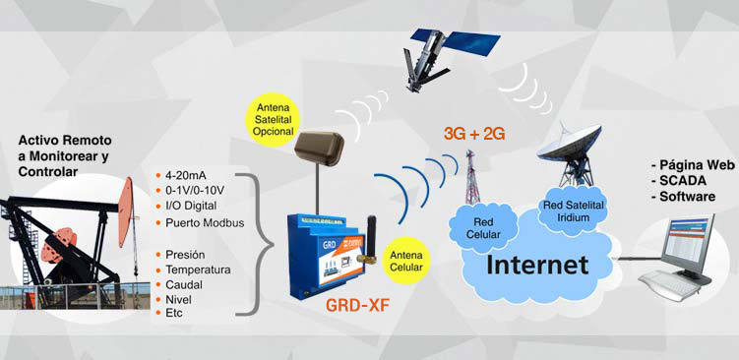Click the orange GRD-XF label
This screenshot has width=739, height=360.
(357, 304)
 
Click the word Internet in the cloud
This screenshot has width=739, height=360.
(539, 265)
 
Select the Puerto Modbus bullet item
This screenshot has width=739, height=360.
(205, 222)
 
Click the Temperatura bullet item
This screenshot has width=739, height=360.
(199, 269)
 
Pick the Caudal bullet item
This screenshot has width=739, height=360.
(186, 283)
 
